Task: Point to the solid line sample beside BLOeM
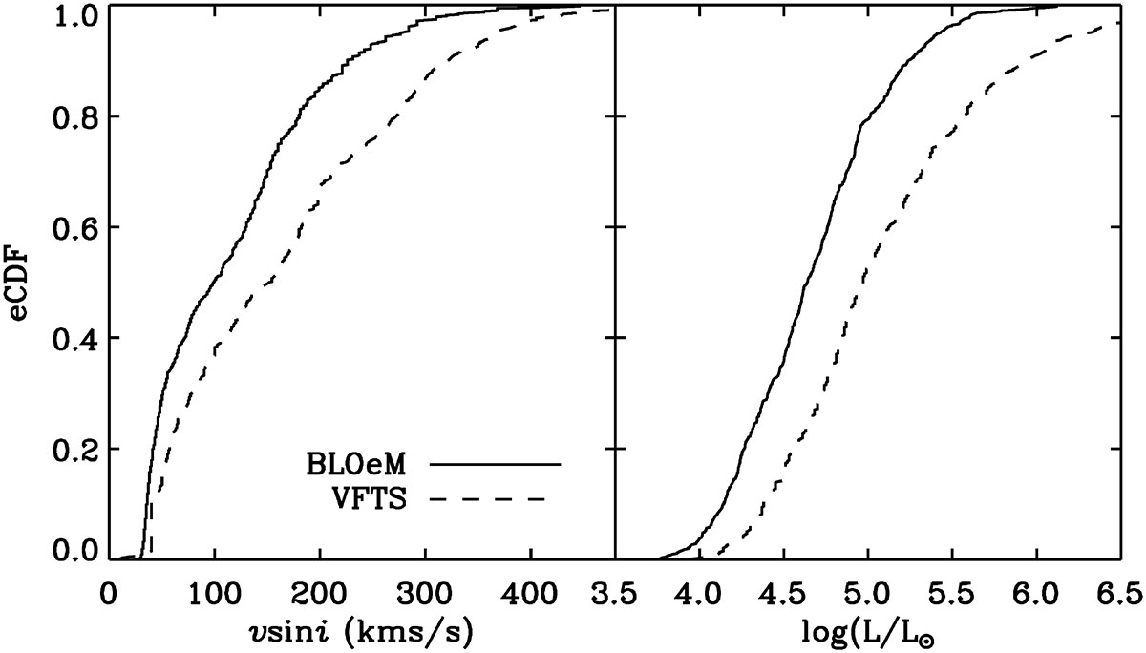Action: (x=496, y=463)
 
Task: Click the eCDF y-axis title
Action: (x=22, y=283)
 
